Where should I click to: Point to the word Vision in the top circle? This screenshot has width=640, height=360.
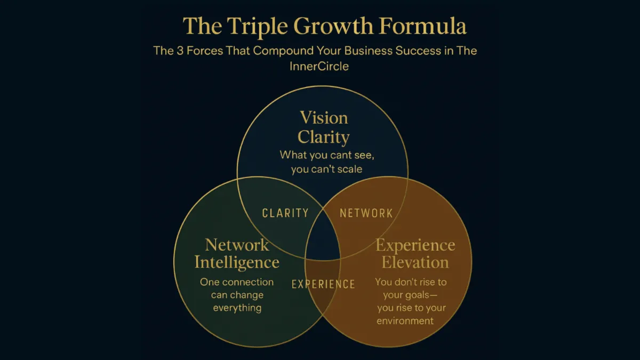pos(324,118)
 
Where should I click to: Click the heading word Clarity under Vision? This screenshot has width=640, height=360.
pos(324,137)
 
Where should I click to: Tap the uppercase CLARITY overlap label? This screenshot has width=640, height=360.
pos(285,213)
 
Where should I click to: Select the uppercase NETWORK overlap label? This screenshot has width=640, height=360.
pos(366,213)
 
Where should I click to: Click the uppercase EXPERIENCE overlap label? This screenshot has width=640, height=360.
pos(323,284)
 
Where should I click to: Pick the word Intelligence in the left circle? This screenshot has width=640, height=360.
pos(237,262)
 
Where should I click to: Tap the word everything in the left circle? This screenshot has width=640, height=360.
pos(237,308)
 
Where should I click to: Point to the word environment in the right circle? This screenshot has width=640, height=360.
pos(405,321)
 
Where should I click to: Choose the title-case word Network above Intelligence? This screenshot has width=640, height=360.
pos(237,245)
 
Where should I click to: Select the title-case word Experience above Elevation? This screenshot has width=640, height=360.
pos(415,245)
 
